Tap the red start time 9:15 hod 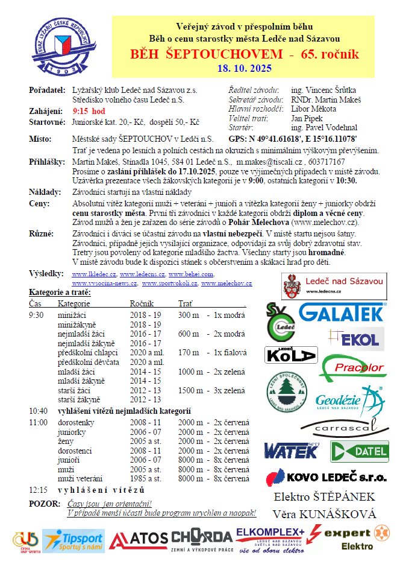[89, 112]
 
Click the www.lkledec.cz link [94, 274]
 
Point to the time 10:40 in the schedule [37, 411]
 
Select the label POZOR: [44, 504]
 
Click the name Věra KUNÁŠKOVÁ [325, 515]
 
